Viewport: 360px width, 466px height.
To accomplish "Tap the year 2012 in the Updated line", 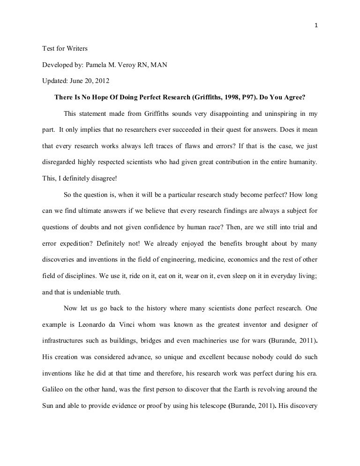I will coord(101,80).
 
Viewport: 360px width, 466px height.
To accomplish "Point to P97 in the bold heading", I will coord(249,98).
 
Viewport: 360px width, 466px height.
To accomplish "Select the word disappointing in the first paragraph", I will coord(210,113).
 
